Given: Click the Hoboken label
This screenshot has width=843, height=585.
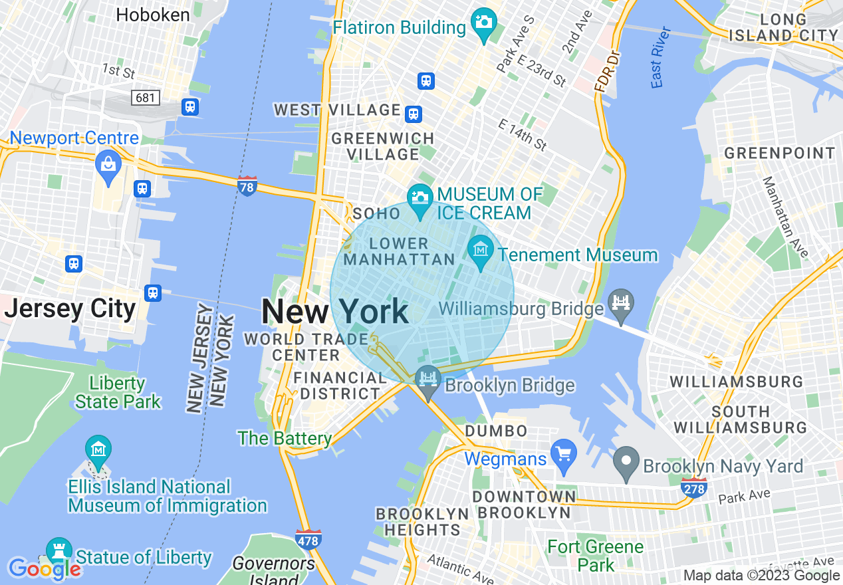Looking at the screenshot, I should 153,15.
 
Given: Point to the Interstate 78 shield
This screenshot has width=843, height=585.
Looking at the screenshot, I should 247,187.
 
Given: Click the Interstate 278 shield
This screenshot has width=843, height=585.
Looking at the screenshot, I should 693,488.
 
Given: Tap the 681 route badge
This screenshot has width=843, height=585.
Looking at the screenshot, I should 146,98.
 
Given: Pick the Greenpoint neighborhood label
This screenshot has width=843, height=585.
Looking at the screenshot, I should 779,153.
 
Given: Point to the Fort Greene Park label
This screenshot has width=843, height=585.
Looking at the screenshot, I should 595,556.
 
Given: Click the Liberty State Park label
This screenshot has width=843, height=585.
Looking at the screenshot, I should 118,392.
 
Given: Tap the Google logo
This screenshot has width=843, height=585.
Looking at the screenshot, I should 45,568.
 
